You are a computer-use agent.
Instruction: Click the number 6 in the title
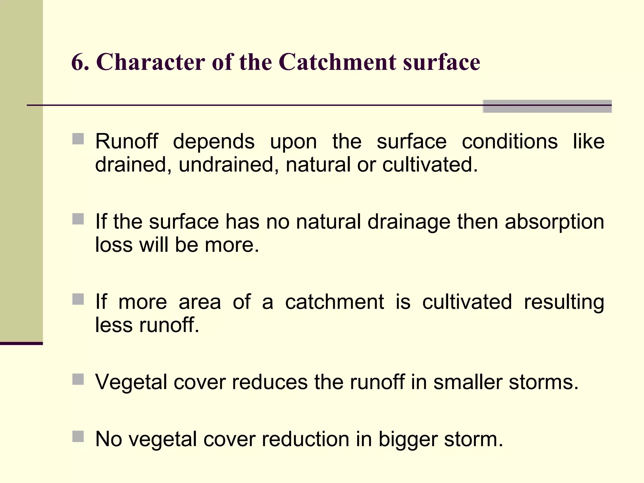coord(77,62)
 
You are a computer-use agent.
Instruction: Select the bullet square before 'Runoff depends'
coord(78,139)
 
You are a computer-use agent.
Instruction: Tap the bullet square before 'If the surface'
coord(78,219)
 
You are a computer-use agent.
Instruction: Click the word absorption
coord(554,222)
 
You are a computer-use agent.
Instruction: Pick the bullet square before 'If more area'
coord(78,299)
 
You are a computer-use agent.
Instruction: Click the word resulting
coord(564,302)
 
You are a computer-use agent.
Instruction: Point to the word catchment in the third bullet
coord(334,302)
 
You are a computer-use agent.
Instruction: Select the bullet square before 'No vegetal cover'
coord(78,436)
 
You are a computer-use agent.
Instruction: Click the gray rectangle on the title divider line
coord(547,106)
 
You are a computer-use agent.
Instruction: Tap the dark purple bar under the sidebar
coord(21,343)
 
